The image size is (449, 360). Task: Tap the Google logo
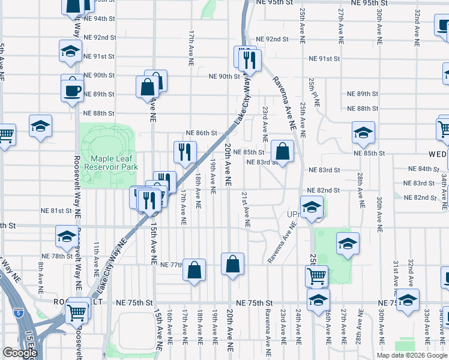[20, 353]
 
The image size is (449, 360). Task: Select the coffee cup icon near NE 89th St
[72, 91]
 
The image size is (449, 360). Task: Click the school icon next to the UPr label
[312, 208]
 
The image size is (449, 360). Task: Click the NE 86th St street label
[201, 133]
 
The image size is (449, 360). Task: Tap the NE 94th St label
[99, 19]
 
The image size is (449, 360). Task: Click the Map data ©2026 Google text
[412, 355]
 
